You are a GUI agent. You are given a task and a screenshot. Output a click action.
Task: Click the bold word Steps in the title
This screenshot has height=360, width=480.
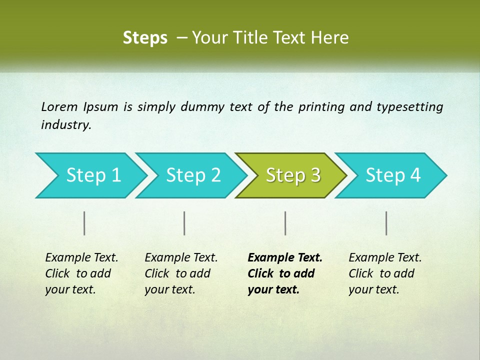(x=145, y=38)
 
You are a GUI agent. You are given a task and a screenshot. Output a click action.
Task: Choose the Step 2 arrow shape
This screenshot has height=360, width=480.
(x=193, y=175)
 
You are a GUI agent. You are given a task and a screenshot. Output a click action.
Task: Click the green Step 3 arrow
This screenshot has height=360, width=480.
(x=293, y=175)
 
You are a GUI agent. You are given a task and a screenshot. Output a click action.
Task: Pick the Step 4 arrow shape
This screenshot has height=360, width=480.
(x=393, y=175)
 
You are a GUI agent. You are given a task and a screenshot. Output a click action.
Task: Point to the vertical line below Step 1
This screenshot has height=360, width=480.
(x=84, y=223)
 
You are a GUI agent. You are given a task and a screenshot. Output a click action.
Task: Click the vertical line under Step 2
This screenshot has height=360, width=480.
(x=184, y=223)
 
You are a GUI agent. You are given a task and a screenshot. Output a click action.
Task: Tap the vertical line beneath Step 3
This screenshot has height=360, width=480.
(x=285, y=223)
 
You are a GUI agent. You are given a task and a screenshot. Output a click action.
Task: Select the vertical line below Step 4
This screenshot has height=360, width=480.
(x=386, y=223)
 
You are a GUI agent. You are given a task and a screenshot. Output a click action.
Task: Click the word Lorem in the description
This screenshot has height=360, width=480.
(x=59, y=107)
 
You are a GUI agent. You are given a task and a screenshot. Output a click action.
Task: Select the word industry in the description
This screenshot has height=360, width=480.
(x=65, y=125)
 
